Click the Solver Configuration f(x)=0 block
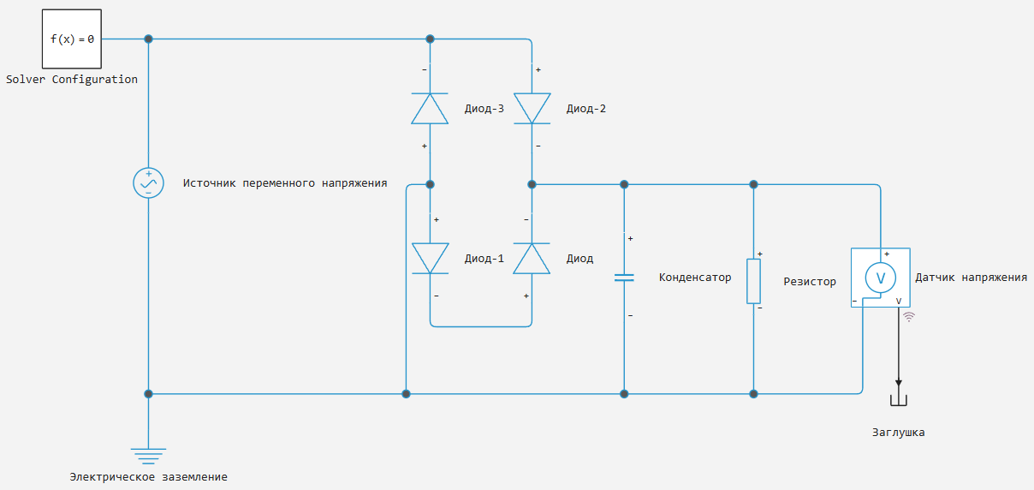click(x=72, y=39)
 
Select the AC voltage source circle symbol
click(x=148, y=182)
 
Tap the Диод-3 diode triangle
click(x=430, y=109)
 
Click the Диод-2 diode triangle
click(x=532, y=109)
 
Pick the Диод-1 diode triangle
click(x=430, y=258)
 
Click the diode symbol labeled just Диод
click(x=532, y=258)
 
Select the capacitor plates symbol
click(x=624, y=278)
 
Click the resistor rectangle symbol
click(x=753, y=281)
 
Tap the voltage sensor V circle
click(x=880, y=278)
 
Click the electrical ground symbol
click(x=148, y=457)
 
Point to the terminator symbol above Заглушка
click(x=898, y=400)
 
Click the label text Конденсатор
click(x=695, y=278)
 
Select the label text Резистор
click(x=810, y=282)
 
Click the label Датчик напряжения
click(x=972, y=278)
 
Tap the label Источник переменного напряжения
click(x=285, y=183)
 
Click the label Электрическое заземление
click(x=148, y=477)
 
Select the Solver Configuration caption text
click(x=72, y=80)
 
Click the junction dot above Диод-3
click(x=430, y=39)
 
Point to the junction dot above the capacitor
click(x=624, y=184)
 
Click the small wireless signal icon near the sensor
click(x=909, y=317)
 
